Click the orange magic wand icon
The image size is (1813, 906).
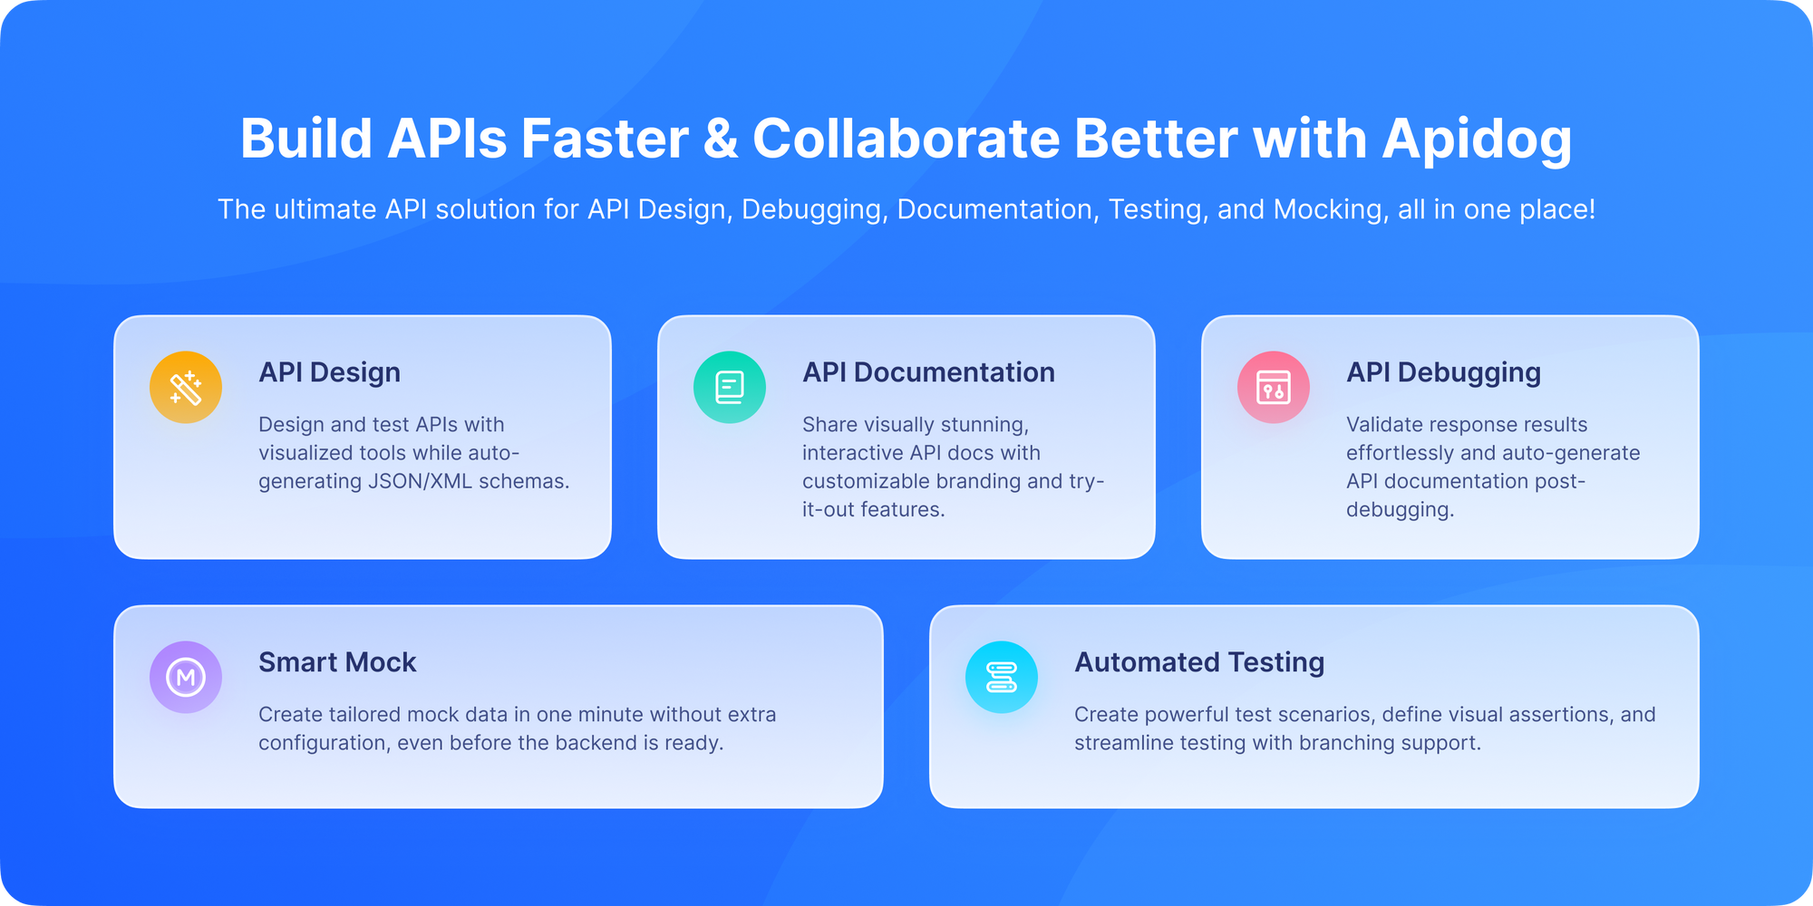coord(186,388)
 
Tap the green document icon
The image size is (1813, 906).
coord(730,388)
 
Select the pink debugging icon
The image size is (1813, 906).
coord(1274,388)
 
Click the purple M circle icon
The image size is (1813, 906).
coord(186,678)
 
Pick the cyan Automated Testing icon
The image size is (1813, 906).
coord(1002,678)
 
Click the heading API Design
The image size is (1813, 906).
coord(329,372)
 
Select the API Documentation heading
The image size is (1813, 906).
coord(928,372)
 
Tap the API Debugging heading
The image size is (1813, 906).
coord(1443,372)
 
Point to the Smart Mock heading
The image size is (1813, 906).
coord(337,662)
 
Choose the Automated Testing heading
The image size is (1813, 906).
coord(1199,662)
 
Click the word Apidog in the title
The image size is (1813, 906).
coord(1477,140)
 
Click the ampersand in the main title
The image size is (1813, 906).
coord(721,140)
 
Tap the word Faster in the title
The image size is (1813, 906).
coord(605,140)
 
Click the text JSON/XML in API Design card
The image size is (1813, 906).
coord(420,481)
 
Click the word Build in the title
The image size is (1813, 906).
coord(306,140)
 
